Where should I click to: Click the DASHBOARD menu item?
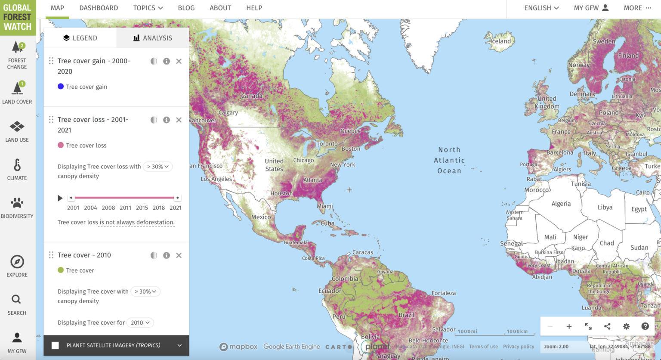(99, 8)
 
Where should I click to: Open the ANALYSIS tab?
(153, 38)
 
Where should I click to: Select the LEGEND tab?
(80, 38)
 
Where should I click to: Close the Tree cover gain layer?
(179, 61)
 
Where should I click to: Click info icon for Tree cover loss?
(167, 120)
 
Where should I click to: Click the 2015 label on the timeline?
(142, 208)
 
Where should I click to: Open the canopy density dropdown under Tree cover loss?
(158, 167)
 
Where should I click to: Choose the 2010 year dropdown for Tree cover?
(140, 323)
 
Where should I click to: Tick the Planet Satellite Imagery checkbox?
(55, 345)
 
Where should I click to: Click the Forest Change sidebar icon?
(17, 55)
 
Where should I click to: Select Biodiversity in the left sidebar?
(17, 208)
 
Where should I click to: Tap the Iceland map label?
(500, 41)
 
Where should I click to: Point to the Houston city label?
(281, 193)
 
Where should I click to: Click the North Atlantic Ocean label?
(449, 160)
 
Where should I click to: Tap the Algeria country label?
(561, 204)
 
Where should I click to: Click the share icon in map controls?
(607, 326)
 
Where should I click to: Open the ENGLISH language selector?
(541, 8)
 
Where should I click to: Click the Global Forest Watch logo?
(18, 17)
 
